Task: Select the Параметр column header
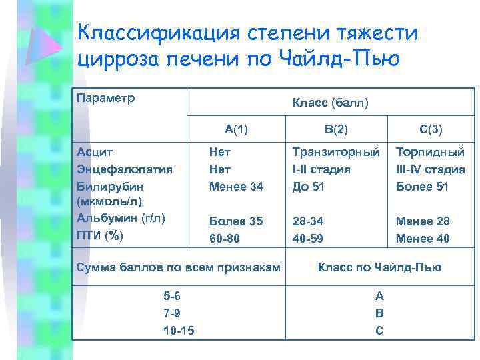[x=106, y=99]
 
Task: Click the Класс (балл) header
[x=330, y=103]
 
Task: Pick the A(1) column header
[x=236, y=129]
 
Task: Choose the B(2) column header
[x=336, y=129]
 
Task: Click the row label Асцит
[x=95, y=152]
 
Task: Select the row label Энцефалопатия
[x=125, y=169]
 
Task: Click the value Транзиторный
[x=337, y=152]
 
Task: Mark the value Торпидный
[x=430, y=152]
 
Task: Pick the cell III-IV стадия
[x=430, y=169]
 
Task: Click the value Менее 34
[x=236, y=186]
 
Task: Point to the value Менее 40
[x=423, y=238]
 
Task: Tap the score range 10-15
[x=179, y=330]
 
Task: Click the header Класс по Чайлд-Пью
[x=379, y=267]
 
